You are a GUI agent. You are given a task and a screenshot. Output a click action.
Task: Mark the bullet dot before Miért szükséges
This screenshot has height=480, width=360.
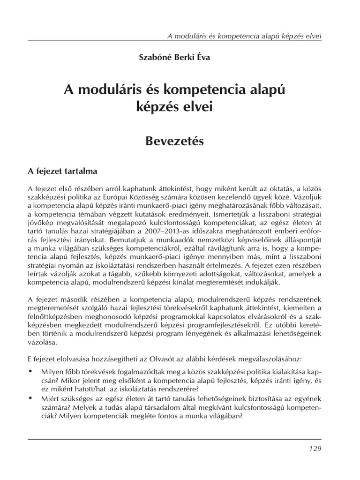30,397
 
